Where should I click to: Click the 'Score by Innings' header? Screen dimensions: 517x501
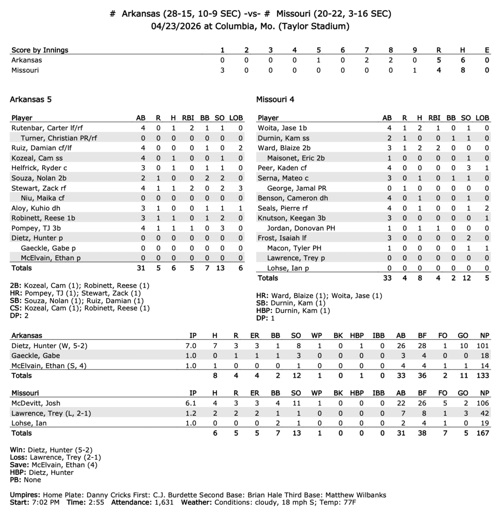[40, 50]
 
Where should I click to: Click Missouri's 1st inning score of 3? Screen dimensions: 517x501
[222, 70]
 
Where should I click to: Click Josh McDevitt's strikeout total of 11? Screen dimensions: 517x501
[296, 403]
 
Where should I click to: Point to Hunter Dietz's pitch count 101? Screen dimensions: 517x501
[482, 346]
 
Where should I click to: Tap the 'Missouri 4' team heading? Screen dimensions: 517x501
[275, 99]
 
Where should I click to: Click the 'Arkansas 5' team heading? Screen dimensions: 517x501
[30, 99]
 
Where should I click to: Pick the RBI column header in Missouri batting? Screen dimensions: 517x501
[434, 118]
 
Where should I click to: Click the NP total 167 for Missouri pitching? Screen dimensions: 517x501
[482, 433]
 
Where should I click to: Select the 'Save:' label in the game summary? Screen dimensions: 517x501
[20, 465]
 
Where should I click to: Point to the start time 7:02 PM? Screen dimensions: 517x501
[46, 502]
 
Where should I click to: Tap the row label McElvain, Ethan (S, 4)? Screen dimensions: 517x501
[49, 366]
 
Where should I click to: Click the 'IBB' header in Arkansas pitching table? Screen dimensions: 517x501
[379, 336]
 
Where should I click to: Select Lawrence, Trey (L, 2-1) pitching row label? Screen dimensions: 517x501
[51, 413]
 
